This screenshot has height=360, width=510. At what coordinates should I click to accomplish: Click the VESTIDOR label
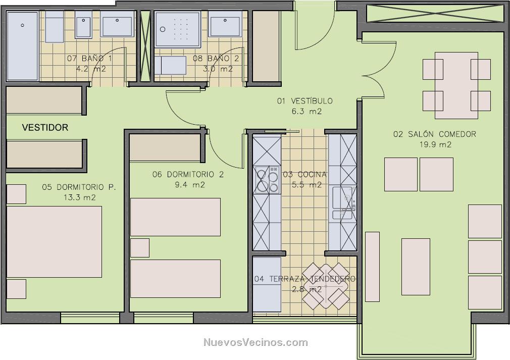[x=45, y=127]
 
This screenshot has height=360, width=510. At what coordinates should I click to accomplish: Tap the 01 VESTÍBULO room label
[x=305, y=101]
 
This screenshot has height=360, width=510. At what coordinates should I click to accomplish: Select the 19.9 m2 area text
[x=435, y=144]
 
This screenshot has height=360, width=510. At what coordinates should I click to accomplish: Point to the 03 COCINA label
[x=304, y=174]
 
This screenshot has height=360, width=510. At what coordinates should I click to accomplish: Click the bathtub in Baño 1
[x=22, y=46]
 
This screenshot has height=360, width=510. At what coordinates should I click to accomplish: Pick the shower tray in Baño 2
[x=177, y=29]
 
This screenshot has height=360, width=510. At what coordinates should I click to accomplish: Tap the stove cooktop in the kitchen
[x=267, y=180]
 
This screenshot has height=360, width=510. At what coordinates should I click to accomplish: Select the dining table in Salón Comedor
[x=456, y=85]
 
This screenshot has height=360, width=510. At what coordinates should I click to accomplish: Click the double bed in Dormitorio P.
[x=55, y=242]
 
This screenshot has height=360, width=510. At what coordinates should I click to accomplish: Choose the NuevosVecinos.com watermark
[x=256, y=342]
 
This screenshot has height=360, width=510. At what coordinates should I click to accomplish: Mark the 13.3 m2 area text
[x=80, y=197]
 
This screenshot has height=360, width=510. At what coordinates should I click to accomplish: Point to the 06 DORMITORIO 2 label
[x=188, y=174]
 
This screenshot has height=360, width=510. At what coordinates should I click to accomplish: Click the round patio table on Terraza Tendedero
[x=326, y=286]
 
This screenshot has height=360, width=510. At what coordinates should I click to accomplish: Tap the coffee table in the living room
[x=416, y=267]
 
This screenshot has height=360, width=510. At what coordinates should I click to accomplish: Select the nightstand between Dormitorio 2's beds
[x=140, y=248]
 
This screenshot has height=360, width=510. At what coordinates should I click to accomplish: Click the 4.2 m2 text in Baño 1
[x=91, y=69]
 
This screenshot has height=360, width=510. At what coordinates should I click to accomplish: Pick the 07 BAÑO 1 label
[x=89, y=59]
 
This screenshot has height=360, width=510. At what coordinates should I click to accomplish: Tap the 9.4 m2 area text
[x=190, y=185]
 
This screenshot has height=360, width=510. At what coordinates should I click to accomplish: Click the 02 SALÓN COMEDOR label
[x=435, y=134]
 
